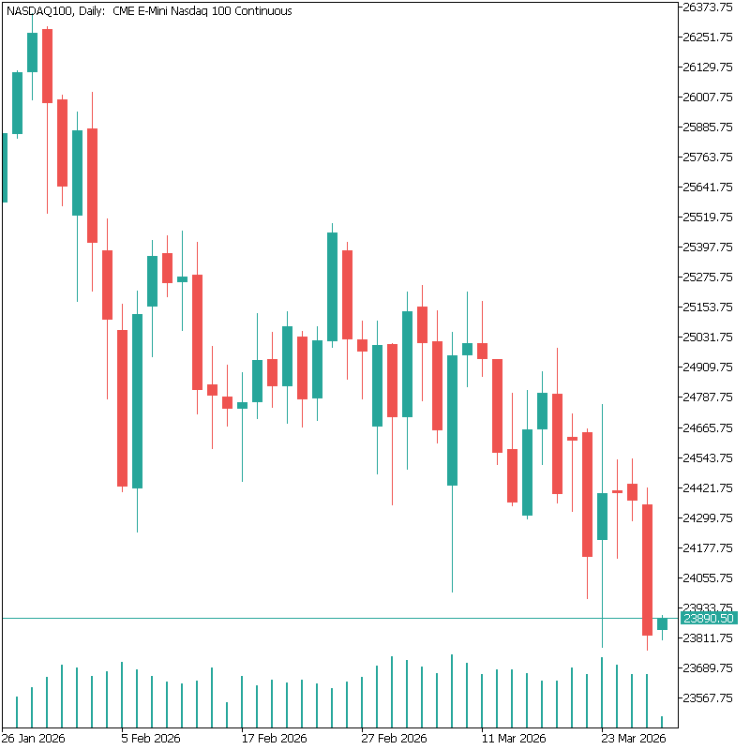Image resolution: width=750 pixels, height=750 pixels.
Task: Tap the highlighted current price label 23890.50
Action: point(708,619)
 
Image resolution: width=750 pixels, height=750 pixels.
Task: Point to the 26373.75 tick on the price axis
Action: point(708,7)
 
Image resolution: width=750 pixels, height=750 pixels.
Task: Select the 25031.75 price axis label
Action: point(708,337)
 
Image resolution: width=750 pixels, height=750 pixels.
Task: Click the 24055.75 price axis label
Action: point(708,577)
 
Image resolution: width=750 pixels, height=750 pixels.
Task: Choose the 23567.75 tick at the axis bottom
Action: point(708,697)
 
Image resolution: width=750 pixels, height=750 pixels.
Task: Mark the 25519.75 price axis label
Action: point(708,217)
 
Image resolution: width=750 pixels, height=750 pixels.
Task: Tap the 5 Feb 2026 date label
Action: point(151,738)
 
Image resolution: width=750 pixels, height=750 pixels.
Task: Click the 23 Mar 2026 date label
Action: point(633,738)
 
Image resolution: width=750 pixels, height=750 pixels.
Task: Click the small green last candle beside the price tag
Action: point(662,623)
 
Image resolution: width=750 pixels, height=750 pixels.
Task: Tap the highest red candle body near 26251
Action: point(47,66)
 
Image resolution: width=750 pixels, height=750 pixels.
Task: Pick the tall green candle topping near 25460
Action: point(332,286)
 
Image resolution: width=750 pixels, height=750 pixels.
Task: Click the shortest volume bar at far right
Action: point(662,720)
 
